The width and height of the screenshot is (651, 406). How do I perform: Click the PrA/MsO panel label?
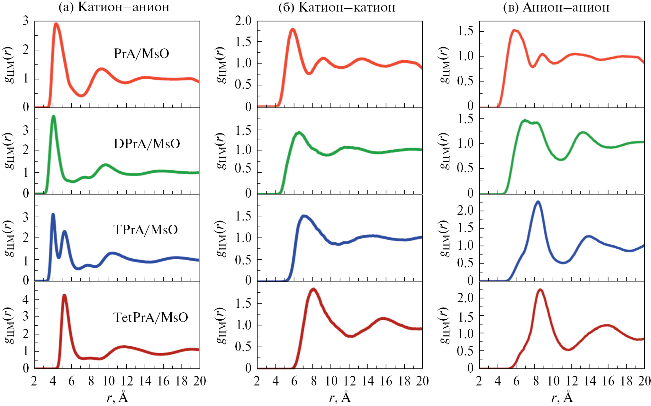(141, 54)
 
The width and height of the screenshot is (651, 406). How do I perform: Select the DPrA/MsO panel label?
(147, 144)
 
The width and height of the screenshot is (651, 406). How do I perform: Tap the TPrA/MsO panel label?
(145, 230)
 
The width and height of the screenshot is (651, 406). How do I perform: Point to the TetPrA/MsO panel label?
(150, 317)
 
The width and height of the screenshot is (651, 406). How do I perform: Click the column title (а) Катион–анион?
(114, 7)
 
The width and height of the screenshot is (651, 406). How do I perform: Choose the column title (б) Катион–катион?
(337, 7)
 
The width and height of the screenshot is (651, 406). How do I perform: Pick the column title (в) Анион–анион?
(556, 7)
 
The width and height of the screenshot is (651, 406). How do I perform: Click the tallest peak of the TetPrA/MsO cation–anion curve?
(64, 295)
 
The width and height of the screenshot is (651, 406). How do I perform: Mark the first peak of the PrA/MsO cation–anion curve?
(56, 24)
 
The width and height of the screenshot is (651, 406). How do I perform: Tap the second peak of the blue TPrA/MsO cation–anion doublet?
(65, 231)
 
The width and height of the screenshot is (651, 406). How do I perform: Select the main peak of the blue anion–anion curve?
(538, 202)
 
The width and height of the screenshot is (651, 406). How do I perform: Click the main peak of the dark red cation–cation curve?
(313, 289)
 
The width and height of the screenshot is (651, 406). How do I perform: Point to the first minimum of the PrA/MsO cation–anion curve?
(81, 95)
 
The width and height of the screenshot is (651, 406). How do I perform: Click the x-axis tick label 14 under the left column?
(145, 381)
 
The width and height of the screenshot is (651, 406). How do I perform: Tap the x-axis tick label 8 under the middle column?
(313, 381)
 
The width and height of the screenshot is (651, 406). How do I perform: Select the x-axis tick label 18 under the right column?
(627, 381)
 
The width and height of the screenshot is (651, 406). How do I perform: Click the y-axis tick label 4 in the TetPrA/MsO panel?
(26, 300)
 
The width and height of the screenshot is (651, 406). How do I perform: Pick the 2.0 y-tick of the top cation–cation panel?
(243, 21)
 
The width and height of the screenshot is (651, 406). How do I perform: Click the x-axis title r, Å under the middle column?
(340, 397)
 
